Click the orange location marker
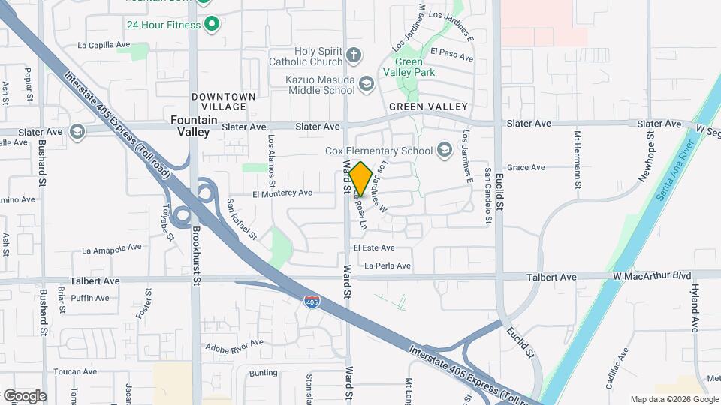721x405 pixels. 360,179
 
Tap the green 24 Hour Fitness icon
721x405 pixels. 212,25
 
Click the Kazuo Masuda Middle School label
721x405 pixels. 320,85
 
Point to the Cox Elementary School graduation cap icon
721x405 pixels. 445,151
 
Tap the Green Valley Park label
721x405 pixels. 415,67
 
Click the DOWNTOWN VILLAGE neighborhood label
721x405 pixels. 224,101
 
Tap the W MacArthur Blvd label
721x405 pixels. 651,276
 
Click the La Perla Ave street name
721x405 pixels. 388,265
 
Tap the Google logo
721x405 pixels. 25,395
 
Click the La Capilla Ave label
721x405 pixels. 104,45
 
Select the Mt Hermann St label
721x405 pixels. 578,160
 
